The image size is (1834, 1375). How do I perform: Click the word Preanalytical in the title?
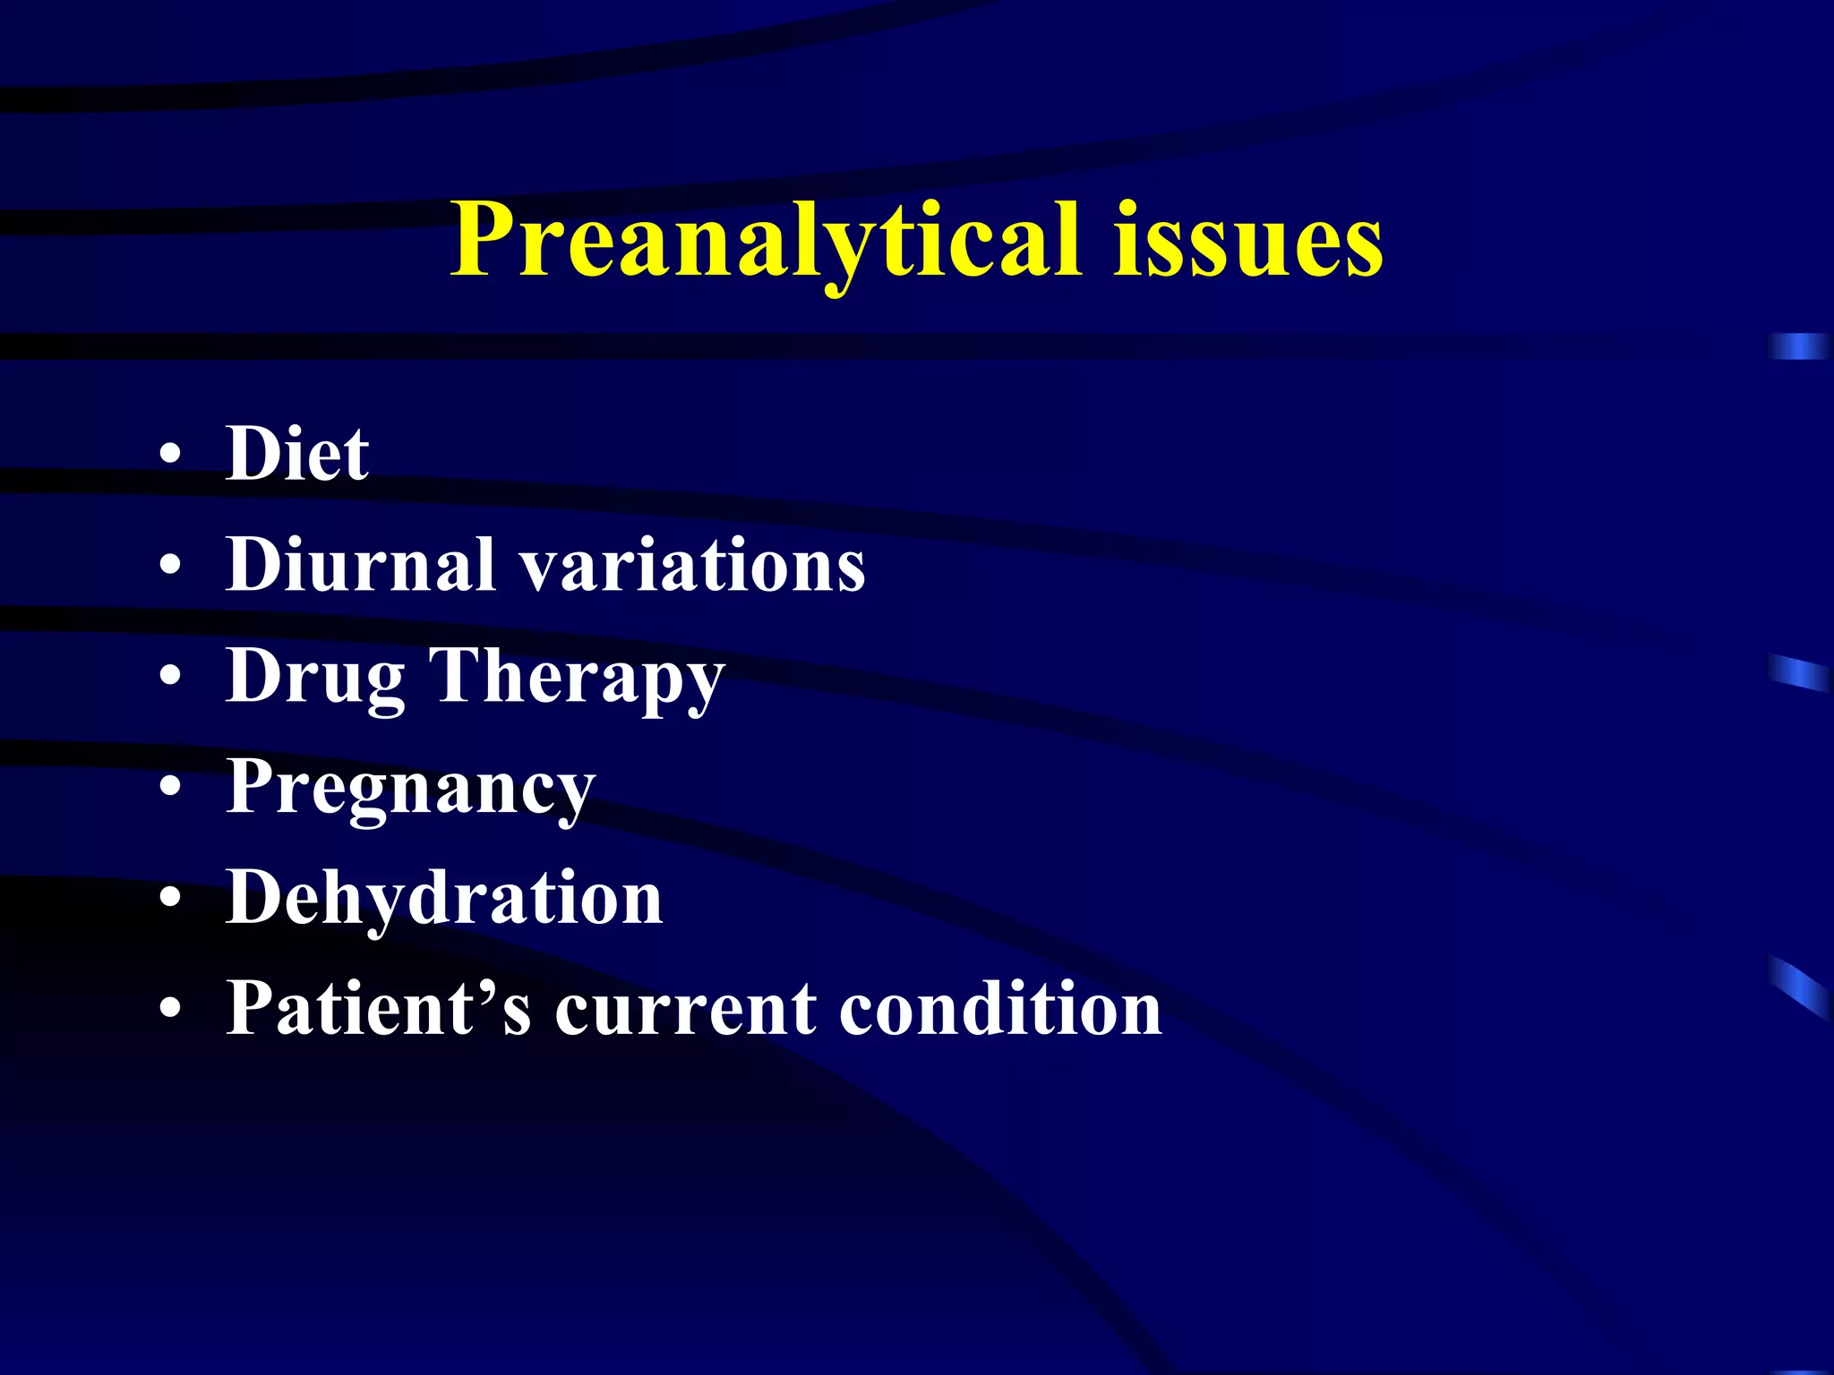point(766,240)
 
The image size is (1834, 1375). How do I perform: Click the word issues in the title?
point(1248,240)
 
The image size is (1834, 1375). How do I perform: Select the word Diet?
point(297,453)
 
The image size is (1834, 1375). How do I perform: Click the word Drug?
point(315,677)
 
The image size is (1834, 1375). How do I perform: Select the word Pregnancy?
point(410,788)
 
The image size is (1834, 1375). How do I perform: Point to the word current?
point(685,1010)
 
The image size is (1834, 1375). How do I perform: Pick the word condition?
point(1000,1008)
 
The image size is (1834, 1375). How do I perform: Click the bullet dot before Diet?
point(170,455)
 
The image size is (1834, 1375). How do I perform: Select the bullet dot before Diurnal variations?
point(170,566)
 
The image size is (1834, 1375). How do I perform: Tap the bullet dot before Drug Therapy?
point(170,677)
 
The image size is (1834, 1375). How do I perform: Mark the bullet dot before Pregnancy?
point(170,788)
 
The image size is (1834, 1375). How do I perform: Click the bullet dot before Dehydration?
point(170,898)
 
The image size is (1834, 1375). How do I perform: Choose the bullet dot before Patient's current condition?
point(170,1009)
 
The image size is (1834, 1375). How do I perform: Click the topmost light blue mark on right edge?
point(1800,346)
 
